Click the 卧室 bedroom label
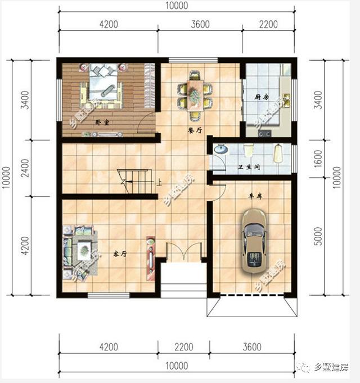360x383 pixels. tap(102, 122)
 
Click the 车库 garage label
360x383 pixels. tap(256, 197)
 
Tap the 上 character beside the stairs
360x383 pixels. tap(159, 182)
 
